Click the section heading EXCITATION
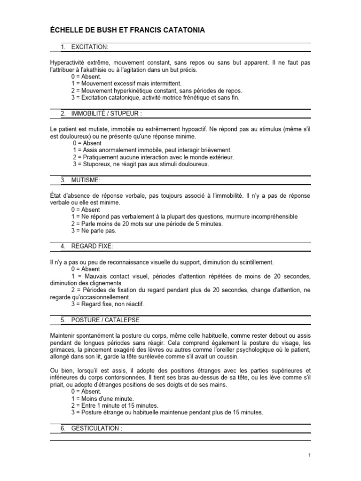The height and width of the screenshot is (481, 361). [x=90, y=47]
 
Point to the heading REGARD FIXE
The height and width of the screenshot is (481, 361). [x=92, y=246]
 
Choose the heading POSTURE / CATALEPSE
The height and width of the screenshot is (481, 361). [x=105, y=320]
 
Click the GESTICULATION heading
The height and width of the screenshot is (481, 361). [x=97, y=428]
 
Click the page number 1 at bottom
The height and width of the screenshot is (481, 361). [x=309, y=455]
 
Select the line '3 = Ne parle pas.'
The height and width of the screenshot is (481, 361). [x=94, y=231]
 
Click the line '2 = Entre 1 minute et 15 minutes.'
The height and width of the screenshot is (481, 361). [x=115, y=405]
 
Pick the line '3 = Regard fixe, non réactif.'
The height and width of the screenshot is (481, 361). [x=108, y=304]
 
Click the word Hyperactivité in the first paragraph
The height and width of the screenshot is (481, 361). [x=67, y=62]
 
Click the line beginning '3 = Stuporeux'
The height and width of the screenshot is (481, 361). [x=141, y=164]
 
